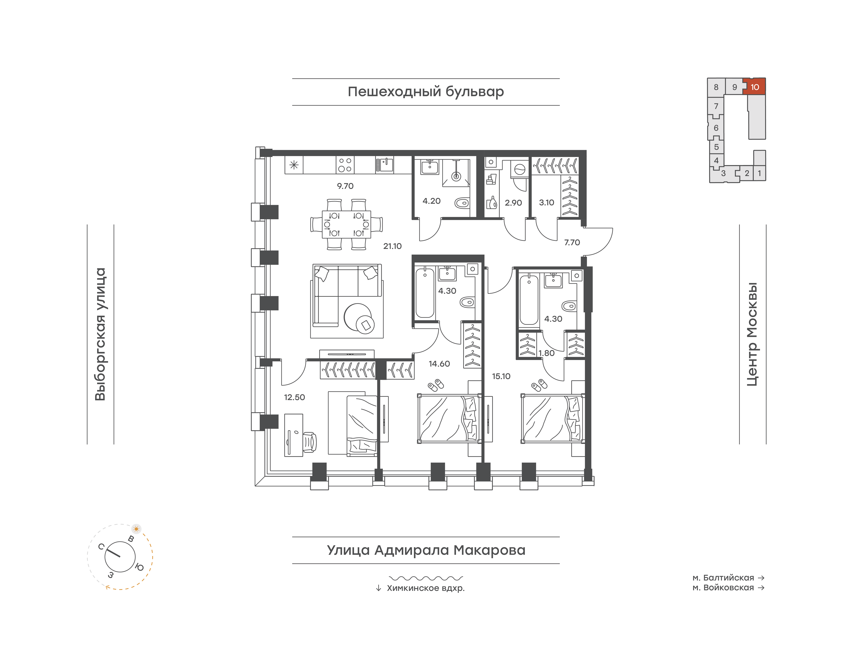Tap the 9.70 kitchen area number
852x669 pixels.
pos(345,186)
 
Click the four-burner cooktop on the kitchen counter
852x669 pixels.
pos(345,165)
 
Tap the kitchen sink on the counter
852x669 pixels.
pos(385,165)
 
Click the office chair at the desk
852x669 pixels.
pos(310,443)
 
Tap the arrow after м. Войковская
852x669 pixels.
pos(761,588)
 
